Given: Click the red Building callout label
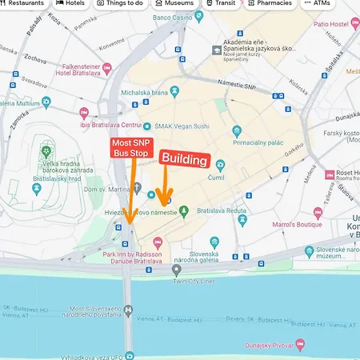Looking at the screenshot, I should pos(185,159).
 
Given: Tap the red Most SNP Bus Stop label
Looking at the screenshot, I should pos(130,148).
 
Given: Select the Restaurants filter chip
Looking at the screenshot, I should pos(22,3).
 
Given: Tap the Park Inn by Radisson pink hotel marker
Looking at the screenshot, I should pos(158,242).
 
